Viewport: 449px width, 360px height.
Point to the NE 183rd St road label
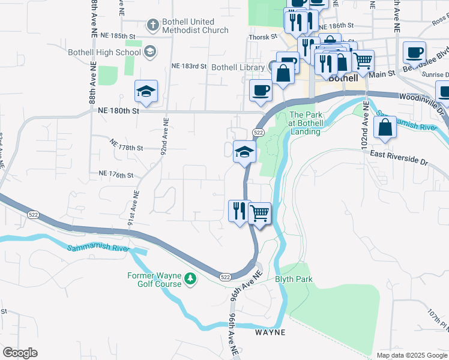188,66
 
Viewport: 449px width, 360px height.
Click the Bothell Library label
238,68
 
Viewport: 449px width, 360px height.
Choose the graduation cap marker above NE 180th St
146,92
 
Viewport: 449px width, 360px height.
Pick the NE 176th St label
115,175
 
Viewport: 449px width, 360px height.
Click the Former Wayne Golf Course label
154,280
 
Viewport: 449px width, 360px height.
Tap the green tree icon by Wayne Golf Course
190,278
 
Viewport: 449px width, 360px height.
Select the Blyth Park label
294,279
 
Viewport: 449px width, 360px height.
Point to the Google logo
20,353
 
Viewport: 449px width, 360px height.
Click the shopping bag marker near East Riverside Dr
385,128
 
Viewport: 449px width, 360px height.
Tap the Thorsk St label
263,37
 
